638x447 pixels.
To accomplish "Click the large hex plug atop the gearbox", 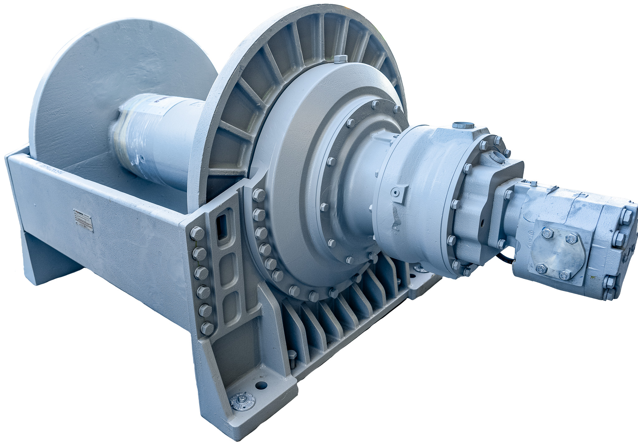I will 464,126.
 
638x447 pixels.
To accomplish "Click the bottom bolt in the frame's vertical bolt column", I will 207,328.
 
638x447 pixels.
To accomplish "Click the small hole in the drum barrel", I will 142,159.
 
